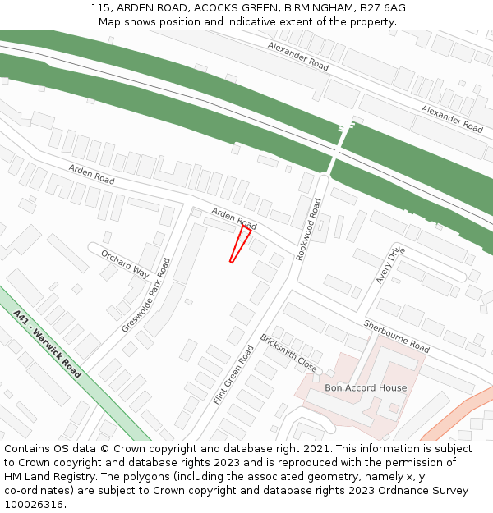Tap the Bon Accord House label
[x=366, y=387]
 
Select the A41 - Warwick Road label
[x=48, y=343]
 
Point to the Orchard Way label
[x=125, y=264]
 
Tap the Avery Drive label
[x=390, y=264]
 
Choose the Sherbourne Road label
[x=396, y=336]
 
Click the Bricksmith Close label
[x=288, y=353]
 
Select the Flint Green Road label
[x=233, y=374]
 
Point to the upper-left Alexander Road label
[x=297, y=56]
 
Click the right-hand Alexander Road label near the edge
[x=452, y=118]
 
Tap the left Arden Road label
[x=91, y=173]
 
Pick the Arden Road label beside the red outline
[x=234, y=218]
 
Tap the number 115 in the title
[x=100, y=8]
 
